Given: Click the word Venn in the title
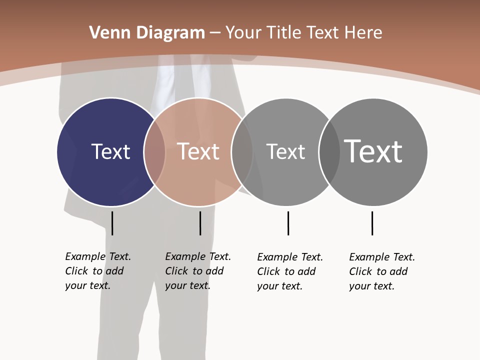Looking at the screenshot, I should [106, 33].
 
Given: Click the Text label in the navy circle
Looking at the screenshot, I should [110, 151].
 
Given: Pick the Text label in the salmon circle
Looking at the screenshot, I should [198, 151].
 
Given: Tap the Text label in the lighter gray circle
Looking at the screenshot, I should [285, 151].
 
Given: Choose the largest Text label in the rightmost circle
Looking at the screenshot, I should [373, 151].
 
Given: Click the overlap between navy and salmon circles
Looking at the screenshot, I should [154, 152].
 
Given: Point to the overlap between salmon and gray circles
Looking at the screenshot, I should [242, 152].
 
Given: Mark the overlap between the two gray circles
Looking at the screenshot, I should [329, 152].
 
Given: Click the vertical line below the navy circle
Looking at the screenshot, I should [112, 223].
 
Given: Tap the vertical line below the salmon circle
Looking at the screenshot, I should [200, 223].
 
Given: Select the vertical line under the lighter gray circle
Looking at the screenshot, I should [288, 223].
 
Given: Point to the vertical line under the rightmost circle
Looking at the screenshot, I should [372, 223].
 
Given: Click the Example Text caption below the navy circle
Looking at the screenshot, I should [97, 271].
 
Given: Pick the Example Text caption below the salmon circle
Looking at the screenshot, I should [197, 271].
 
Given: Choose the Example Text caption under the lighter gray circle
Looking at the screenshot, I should [289, 271].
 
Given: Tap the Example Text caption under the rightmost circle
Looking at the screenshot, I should [381, 271].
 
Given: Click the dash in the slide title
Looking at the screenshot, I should [215, 33].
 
